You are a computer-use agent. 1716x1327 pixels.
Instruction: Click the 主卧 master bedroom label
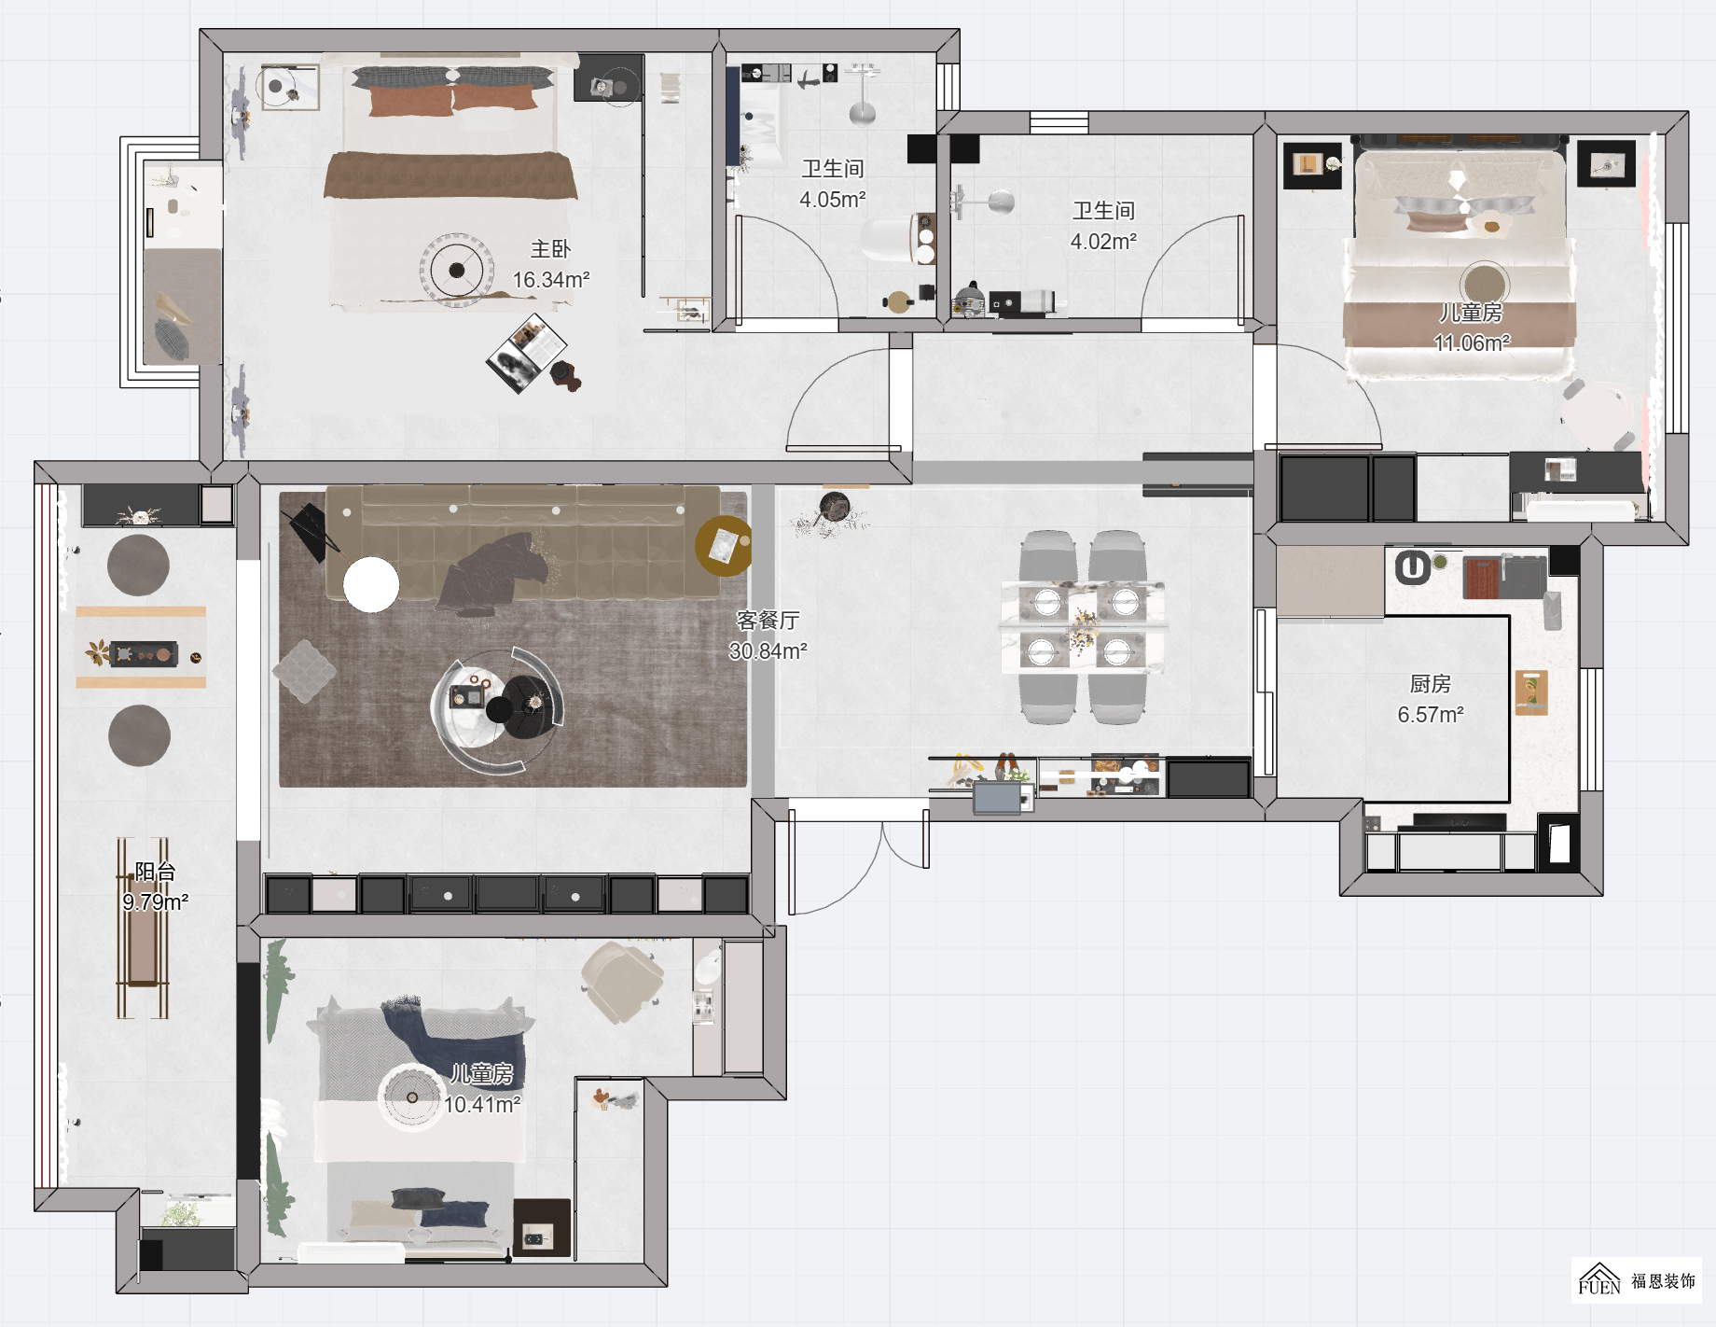point(550,249)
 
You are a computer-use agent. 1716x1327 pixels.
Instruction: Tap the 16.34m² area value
point(551,280)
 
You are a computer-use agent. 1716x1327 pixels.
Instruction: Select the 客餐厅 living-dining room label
point(768,621)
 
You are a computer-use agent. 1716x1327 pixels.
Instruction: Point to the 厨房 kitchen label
point(1430,684)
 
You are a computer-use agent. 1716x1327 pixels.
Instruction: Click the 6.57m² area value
point(1431,715)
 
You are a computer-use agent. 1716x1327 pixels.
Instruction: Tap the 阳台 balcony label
point(155,872)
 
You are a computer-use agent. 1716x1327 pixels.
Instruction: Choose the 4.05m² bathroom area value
point(833,200)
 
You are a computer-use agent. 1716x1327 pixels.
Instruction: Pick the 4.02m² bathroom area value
point(1103,242)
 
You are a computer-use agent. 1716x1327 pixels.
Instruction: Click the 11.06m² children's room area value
point(1472,343)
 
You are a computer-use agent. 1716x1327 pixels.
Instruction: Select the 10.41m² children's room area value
point(481,1105)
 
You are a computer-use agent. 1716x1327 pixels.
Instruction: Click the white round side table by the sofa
point(371,585)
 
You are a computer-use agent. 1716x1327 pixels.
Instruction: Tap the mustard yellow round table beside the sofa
point(724,545)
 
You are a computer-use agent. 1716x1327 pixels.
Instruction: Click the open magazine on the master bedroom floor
point(527,353)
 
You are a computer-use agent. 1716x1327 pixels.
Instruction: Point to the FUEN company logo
point(1636,1279)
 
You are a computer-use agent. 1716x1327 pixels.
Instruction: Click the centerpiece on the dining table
point(1082,628)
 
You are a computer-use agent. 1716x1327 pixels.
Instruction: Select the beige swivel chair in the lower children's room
point(621,981)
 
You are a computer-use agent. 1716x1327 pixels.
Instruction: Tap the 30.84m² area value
point(768,651)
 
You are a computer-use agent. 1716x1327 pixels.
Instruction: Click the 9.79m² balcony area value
point(155,902)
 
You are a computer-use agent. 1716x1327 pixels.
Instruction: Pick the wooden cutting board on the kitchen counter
point(1531,691)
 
